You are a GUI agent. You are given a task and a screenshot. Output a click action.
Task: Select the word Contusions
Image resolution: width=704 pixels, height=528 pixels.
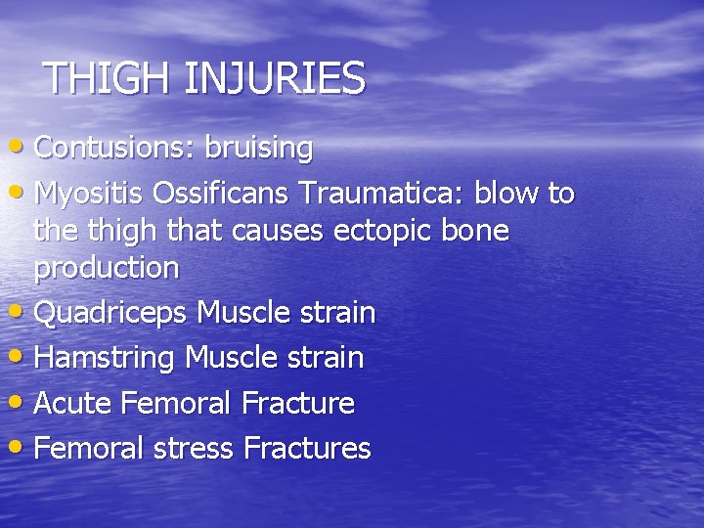[113, 149]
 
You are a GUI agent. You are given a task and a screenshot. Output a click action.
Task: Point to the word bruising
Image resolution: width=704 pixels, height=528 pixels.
[257, 149]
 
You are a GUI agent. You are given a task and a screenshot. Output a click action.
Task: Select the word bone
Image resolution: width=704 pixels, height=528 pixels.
[479, 232]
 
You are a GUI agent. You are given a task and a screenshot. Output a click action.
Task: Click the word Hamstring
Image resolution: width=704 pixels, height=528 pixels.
[105, 359]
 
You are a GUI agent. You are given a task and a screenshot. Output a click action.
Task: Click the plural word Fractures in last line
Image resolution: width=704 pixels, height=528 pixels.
[307, 449]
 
